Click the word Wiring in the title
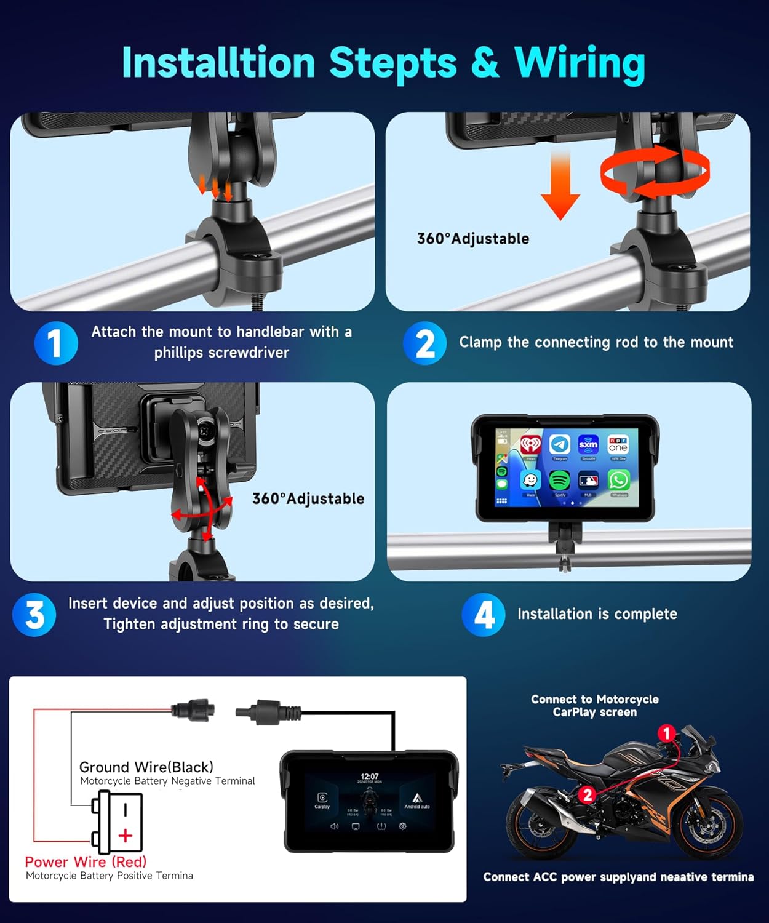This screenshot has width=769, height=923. tap(580, 63)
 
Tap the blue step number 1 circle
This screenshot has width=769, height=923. tap(55, 343)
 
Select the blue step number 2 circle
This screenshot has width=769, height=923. tap(424, 343)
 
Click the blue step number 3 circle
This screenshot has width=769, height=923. tap(34, 614)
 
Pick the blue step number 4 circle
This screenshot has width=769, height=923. tap(484, 614)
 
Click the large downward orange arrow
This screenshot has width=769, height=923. tap(560, 185)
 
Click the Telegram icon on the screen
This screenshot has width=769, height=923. tap(559, 444)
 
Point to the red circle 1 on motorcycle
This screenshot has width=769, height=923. tap(666, 733)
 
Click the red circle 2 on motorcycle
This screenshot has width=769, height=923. tap(587, 794)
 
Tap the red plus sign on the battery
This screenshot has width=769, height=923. tap(126, 836)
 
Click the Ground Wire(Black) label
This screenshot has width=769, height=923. tap(146, 767)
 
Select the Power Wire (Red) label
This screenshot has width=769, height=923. tap(86, 861)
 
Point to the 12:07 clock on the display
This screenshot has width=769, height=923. tap(369, 777)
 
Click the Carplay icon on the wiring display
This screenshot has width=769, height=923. tap(322, 799)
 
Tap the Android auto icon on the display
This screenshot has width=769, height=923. tap(416, 799)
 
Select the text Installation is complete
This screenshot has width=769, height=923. tap(597, 614)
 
